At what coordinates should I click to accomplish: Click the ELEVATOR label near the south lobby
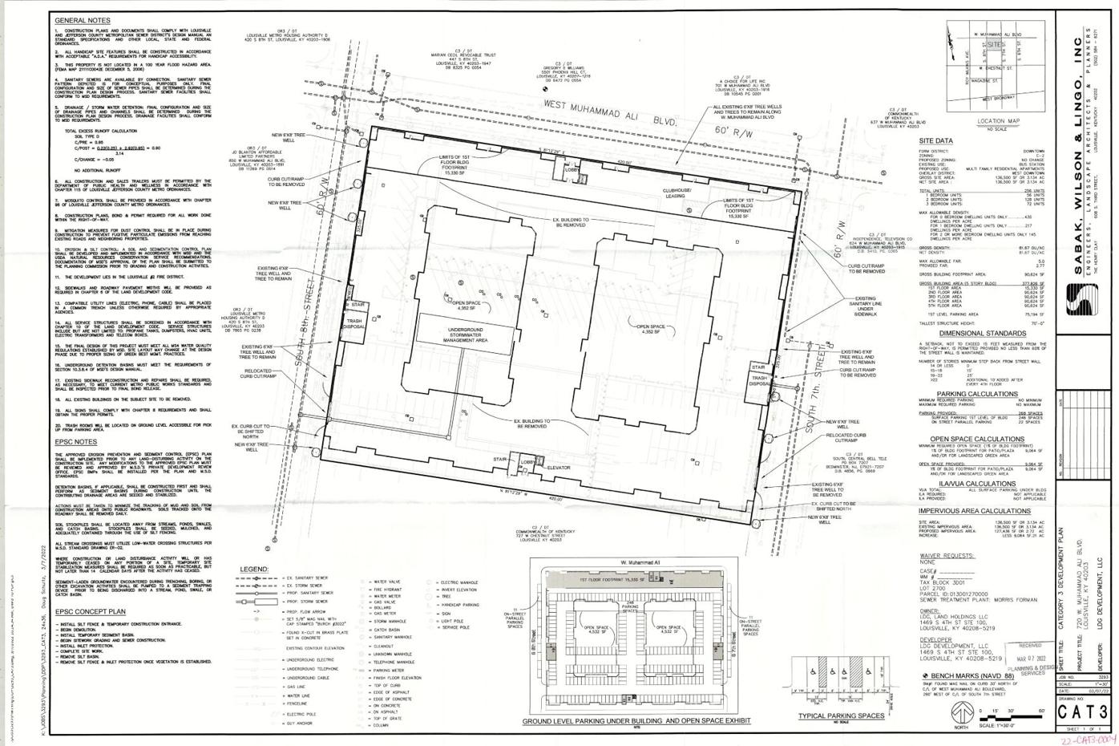559,467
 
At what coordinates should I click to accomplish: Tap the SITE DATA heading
936,141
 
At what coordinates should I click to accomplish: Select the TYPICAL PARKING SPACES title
841,716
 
